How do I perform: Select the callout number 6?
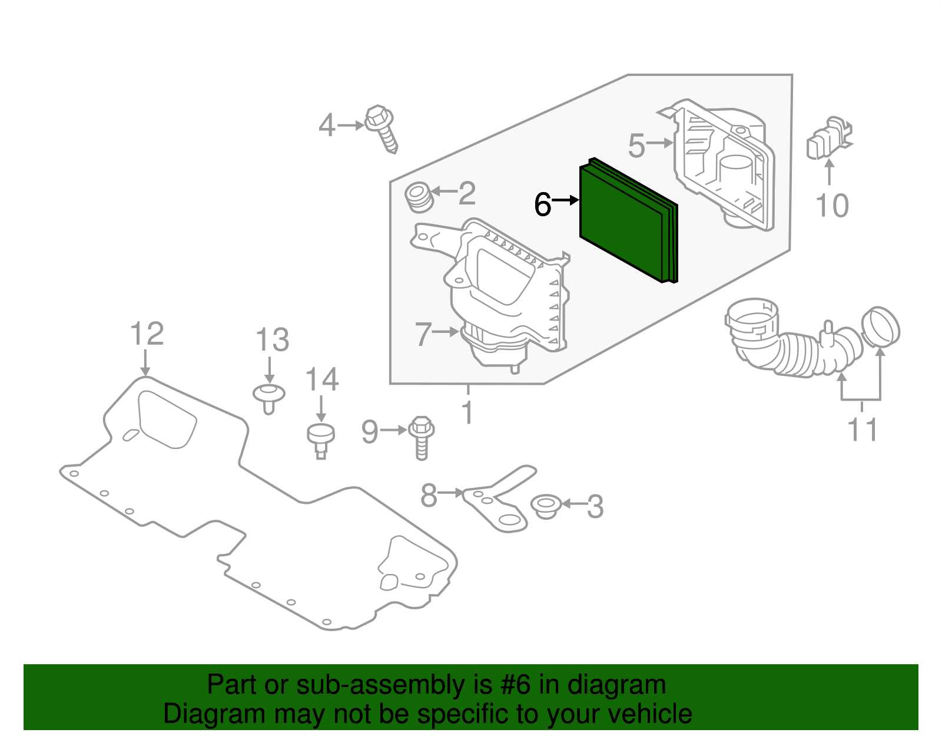[x=542, y=204]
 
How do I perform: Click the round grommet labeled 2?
[x=420, y=197]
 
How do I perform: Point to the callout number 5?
[x=637, y=145]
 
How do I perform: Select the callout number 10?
[x=832, y=206]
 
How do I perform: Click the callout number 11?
[x=863, y=430]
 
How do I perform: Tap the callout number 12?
[x=147, y=334]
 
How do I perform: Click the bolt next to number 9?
[x=421, y=436]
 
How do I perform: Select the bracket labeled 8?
[x=500, y=501]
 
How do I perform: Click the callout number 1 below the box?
[x=468, y=412]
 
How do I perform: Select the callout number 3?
[x=595, y=507]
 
